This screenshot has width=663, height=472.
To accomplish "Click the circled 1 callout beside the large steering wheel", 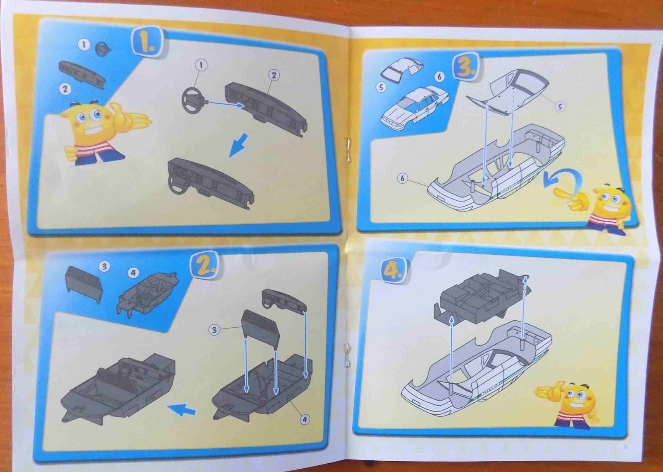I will tap(201, 65).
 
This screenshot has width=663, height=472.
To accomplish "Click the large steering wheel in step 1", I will tap(193, 100).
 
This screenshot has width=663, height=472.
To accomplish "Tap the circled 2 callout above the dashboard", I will tap(273, 75).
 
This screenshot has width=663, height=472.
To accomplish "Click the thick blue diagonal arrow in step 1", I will tap(240, 145).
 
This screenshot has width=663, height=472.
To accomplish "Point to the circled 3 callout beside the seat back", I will tap(214, 330).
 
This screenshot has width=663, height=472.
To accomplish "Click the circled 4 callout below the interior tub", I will tap(305, 419).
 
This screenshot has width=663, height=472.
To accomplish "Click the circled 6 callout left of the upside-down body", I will tap(402, 178).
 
